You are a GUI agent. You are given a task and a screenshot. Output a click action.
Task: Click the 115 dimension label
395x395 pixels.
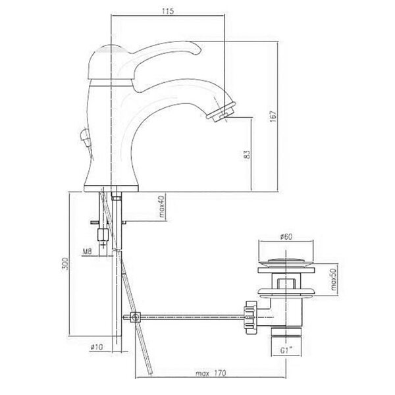pos(168,11)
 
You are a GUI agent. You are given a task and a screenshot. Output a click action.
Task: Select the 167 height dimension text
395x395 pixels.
pos(273,116)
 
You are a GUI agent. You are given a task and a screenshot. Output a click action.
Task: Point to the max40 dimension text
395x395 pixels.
pos(161,206)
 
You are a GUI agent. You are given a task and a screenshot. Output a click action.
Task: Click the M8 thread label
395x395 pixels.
pos(87,251)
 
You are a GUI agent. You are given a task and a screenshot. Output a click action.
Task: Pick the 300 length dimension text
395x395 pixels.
pos(65,263)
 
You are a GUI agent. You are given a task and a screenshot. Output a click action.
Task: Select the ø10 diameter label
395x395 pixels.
pos(97,347)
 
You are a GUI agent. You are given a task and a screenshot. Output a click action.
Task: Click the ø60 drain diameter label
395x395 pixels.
pos(286,236)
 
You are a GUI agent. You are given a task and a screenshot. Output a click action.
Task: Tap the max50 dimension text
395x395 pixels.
pos(334,279)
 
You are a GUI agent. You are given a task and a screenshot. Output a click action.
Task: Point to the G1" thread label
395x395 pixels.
pos(286,350)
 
